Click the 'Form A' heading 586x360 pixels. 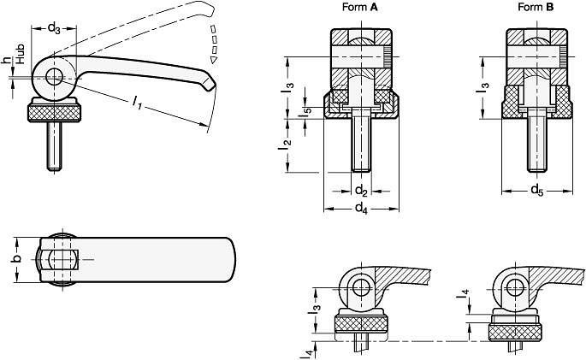[360, 7]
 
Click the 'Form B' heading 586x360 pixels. [536, 7]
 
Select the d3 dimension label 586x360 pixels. [54, 28]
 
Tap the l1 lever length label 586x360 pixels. [138, 102]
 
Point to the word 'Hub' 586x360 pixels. [21, 54]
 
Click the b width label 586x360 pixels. [16, 259]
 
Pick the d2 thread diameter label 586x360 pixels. [361, 191]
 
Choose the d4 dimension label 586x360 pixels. [361, 208]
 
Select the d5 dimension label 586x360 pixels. [537, 190]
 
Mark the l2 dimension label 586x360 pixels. [284, 145]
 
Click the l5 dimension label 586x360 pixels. [306, 112]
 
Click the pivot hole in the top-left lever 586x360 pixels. [54, 77]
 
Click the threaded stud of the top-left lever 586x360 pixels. [54, 146]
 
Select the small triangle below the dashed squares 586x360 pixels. [213, 59]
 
